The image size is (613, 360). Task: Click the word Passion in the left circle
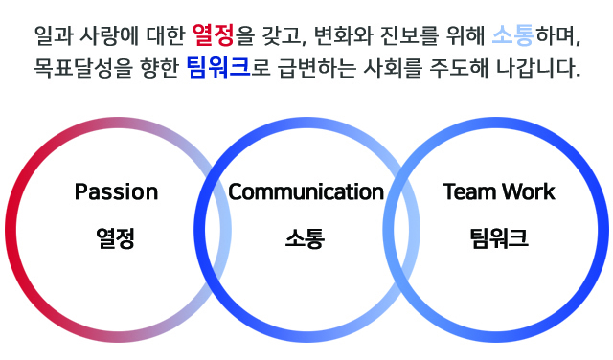click(116, 191)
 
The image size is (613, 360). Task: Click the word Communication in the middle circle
click(306, 191)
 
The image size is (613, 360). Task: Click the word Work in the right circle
click(532, 191)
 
